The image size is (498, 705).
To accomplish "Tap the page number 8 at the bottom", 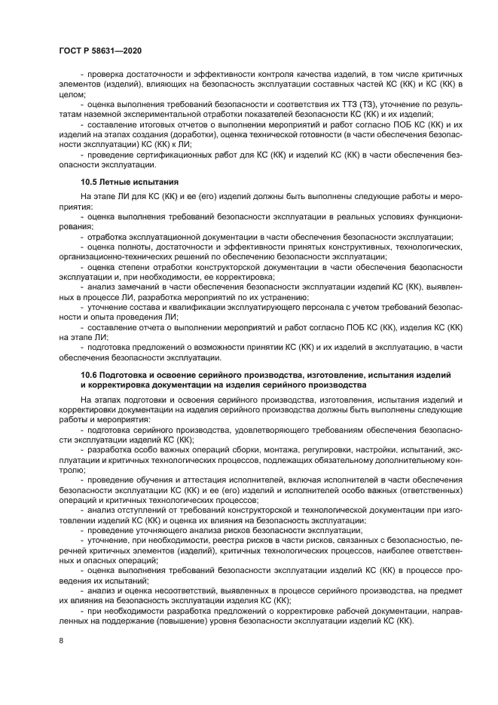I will coord(60,640).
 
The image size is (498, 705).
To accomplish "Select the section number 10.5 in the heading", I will coord(90,182).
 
